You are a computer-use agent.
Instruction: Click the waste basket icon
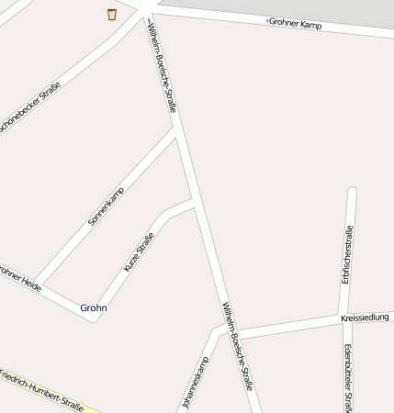pyautogui.click(x=112, y=14)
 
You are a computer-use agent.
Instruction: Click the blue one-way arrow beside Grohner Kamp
pyautogui.click(x=268, y=20)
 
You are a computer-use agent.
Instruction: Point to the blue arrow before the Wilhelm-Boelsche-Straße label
pyautogui.click(x=150, y=20)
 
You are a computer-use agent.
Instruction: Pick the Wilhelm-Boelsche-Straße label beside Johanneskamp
pyautogui.click(x=236, y=346)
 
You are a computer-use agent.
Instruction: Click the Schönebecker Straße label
pyautogui.click(x=29, y=108)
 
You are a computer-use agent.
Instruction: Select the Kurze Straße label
pyautogui.click(x=140, y=251)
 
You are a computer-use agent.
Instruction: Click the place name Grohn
pyautogui.click(x=94, y=307)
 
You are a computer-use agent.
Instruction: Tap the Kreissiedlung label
pyautogui.click(x=365, y=318)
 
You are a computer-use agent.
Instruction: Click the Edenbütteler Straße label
pyautogui.click(x=349, y=376)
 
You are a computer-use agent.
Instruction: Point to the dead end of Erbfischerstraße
pyautogui.click(x=352, y=191)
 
